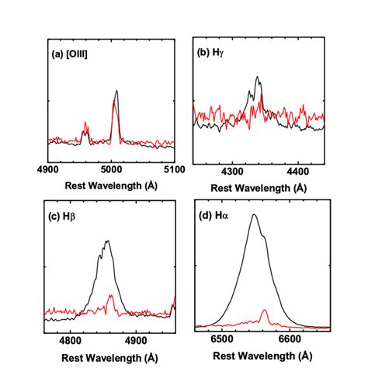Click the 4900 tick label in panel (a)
(48, 168)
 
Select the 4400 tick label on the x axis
(297, 168)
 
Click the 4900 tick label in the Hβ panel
(136, 339)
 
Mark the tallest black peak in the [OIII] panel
(116, 90)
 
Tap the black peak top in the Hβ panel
(107, 241)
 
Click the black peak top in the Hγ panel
(257, 76)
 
